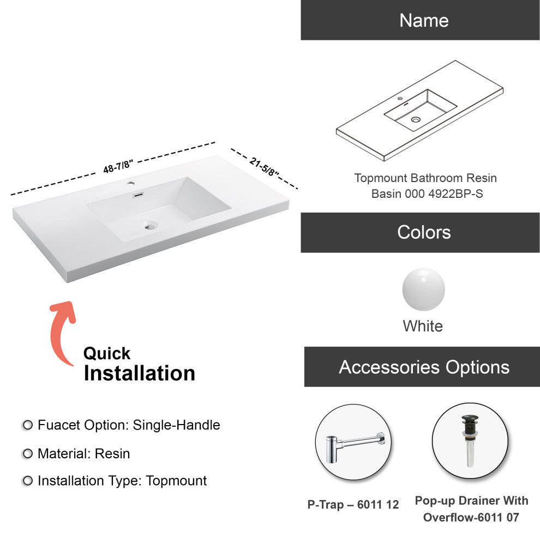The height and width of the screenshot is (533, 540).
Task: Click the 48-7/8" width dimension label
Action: click(x=118, y=166)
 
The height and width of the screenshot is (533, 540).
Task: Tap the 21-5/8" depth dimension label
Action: click(x=264, y=167)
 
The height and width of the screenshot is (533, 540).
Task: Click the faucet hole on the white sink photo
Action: click(x=130, y=183)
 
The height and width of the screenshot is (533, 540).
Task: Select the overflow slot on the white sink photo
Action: click(x=139, y=195)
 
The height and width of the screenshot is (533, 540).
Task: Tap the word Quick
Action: click(x=107, y=353)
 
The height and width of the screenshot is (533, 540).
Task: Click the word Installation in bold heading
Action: click(x=140, y=373)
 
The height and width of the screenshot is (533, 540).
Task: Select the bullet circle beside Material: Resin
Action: click(x=28, y=453)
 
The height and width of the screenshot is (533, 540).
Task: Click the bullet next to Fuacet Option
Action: click(x=28, y=425)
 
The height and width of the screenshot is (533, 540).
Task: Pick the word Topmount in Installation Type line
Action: click(x=176, y=481)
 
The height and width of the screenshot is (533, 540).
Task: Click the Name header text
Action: click(x=424, y=20)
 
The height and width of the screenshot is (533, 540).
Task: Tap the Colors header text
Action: click(x=424, y=232)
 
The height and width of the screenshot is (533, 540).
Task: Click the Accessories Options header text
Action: click(x=424, y=367)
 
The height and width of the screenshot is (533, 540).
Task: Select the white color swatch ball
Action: click(x=424, y=289)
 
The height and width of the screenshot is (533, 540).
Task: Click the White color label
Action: click(x=423, y=326)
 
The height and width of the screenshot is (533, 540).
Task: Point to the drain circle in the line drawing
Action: click(x=416, y=120)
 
